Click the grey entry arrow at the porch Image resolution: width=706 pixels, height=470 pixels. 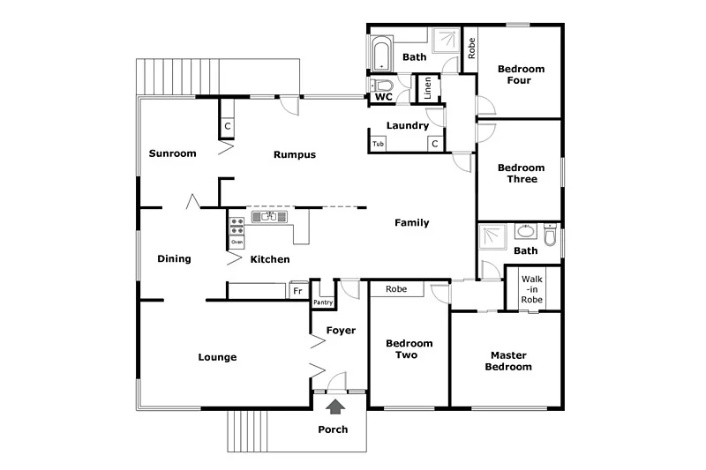pyautogui.click(x=335, y=407)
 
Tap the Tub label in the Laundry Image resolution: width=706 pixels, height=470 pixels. pyautogui.click(x=378, y=144)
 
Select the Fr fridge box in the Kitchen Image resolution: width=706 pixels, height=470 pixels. pyautogui.click(x=297, y=290)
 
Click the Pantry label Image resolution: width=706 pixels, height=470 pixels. pyautogui.click(x=322, y=302)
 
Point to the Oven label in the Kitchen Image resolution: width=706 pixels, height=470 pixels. pyautogui.click(x=237, y=242)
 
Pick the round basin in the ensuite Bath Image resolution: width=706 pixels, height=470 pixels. pyautogui.click(x=526, y=232)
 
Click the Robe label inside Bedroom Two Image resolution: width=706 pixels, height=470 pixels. pyautogui.click(x=396, y=289)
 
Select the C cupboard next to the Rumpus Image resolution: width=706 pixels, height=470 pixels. pyautogui.click(x=227, y=127)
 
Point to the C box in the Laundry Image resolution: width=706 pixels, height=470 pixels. pyautogui.click(x=434, y=144)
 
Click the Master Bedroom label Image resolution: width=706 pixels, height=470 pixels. pyautogui.click(x=511, y=361)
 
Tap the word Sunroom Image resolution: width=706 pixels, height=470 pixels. pyautogui.click(x=172, y=153)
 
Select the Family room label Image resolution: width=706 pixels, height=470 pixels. pyautogui.click(x=411, y=223)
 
